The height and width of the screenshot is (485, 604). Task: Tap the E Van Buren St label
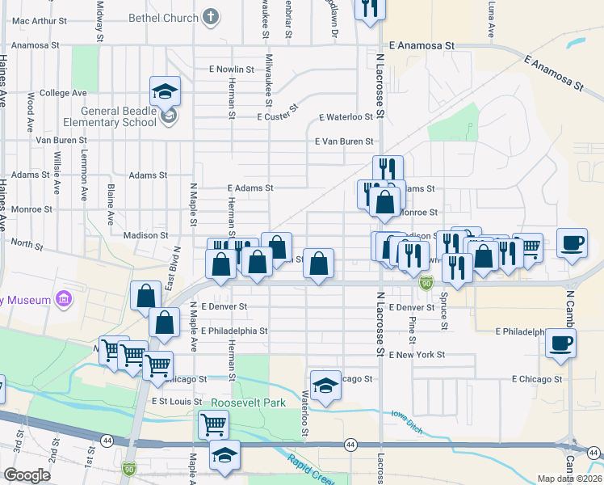coord(344,141)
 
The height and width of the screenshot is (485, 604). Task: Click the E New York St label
coord(417,355)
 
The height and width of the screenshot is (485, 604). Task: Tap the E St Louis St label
coord(175,401)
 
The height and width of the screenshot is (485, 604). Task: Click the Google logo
coord(27,475)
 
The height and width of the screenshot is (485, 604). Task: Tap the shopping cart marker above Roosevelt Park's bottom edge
coord(213,423)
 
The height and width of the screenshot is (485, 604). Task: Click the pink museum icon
coord(65,301)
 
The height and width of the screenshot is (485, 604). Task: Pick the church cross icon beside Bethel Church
coord(210,16)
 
